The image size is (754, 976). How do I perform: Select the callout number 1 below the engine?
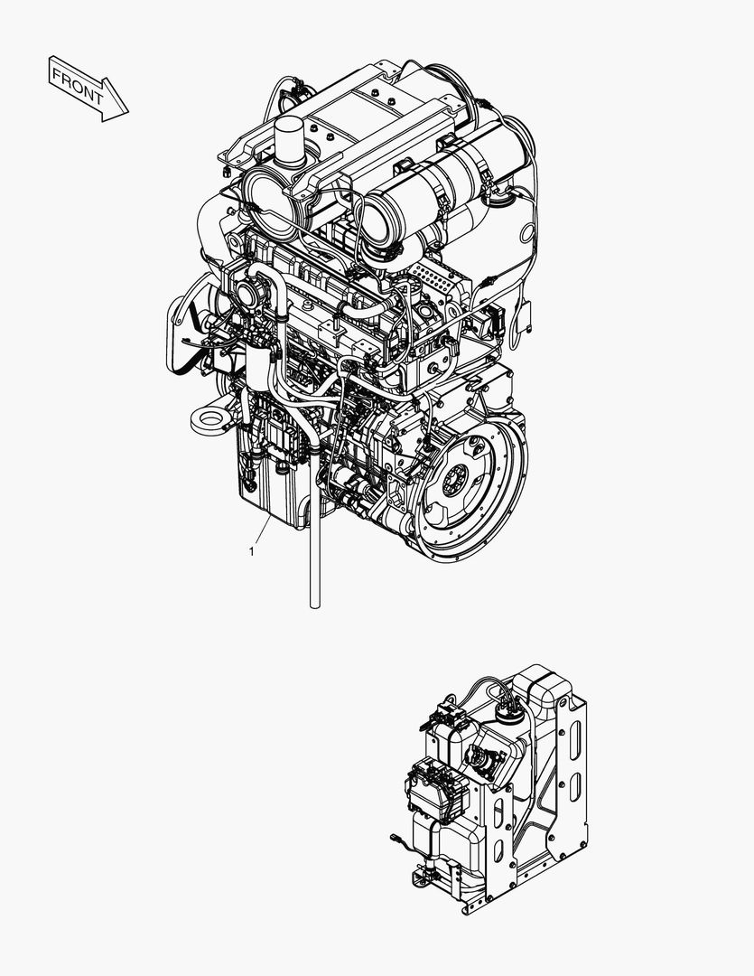251,549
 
